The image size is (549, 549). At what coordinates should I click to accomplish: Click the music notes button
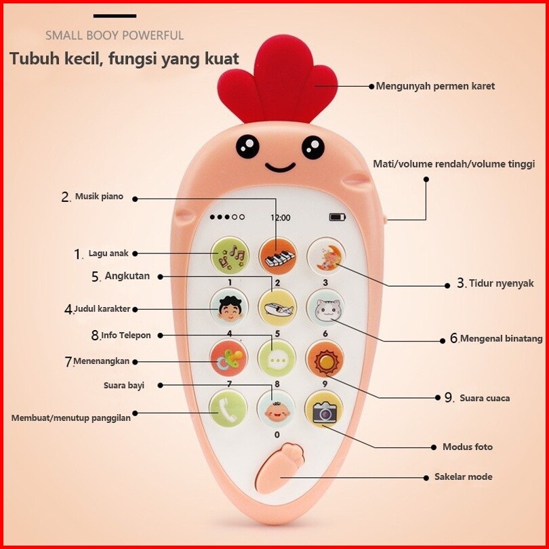pyautogui.click(x=230, y=256)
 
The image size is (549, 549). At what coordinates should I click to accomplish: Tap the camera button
pyautogui.click(x=324, y=411)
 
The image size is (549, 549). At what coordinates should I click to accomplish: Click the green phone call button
pyautogui.click(x=228, y=409)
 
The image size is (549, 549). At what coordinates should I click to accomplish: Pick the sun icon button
pyautogui.click(x=325, y=359)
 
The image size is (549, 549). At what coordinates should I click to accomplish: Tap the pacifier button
pyautogui.click(x=229, y=359)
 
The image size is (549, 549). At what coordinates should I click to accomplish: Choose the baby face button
pyautogui.click(x=277, y=409)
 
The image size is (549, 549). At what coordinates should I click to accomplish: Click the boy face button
pyautogui.click(x=229, y=308)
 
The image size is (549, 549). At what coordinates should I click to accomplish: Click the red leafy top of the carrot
pyautogui.click(x=277, y=82)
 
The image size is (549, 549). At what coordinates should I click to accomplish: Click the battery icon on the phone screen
pyautogui.click(x=337, y=218)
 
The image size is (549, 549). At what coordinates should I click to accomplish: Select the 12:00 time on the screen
pyautogui.click(x=281, y=218)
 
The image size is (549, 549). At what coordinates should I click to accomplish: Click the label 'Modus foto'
pyautogui.click(x=468, y=447)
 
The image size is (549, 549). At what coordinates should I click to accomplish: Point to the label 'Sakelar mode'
pyautogui.click(x=464, y=476)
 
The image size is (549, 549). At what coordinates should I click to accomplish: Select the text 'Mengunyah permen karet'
pyautogui.click(x=435, y=86)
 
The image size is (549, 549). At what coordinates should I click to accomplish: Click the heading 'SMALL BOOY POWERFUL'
pyautogui.click(x=115, y=35)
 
